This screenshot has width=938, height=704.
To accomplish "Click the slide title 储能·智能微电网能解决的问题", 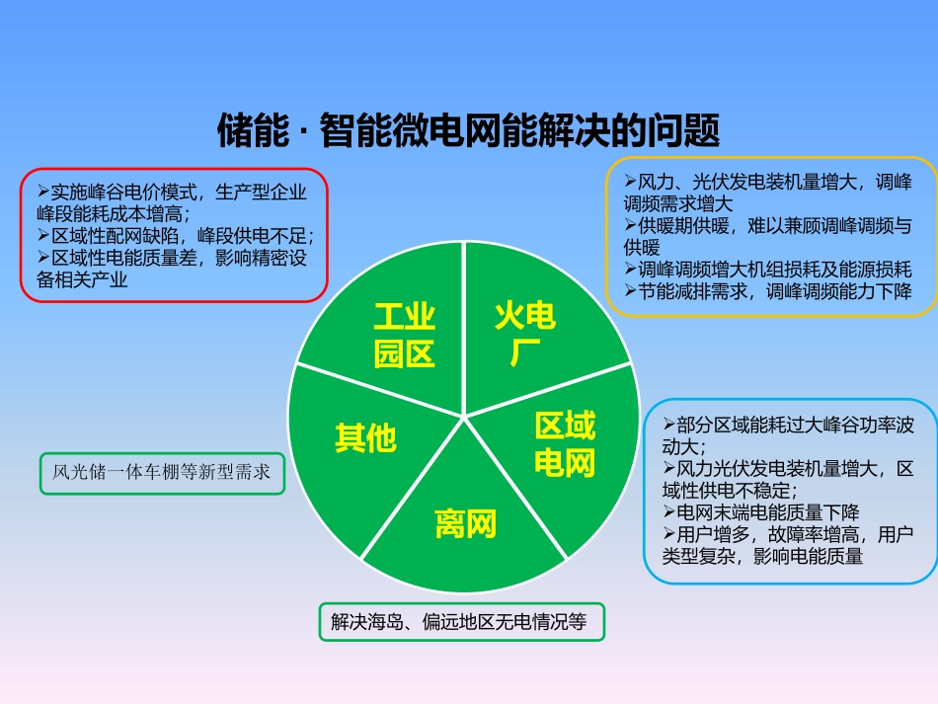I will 468,129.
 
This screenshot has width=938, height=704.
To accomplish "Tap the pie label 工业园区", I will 404,336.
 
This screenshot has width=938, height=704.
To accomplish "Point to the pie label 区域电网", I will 565,444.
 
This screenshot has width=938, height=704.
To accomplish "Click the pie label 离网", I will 465,524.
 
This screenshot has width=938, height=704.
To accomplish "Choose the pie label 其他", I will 364,437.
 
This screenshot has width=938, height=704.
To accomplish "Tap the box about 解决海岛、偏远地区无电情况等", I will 459,622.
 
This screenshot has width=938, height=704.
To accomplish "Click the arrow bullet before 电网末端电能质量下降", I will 669,512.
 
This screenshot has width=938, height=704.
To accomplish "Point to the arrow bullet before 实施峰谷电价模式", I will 43,192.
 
